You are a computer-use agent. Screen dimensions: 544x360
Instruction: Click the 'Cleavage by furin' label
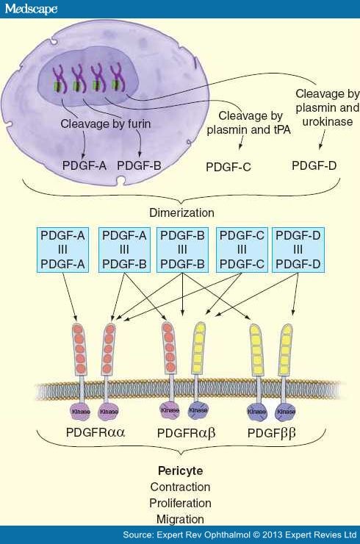pyautogui.click(x=106, y=124)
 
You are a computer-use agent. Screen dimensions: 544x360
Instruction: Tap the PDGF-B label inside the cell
pyautogui.click(x=139, y=165)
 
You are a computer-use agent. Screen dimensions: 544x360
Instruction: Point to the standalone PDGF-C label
pyautogui.click(x=228, y=167)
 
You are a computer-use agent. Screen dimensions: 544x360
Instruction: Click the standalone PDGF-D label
pyautogui.click(x=314, y=165)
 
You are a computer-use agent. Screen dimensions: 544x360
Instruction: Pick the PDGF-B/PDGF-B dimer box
pyautogui.click(x=182, y=248)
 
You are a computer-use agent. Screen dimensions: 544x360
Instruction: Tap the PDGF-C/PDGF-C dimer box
pyautogui.click(x=241, y=248)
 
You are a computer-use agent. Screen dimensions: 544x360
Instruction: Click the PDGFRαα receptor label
pyautogui.click(x=96, y=432)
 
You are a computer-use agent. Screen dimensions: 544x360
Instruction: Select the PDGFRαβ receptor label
pyautogui.click(x=185, y=433)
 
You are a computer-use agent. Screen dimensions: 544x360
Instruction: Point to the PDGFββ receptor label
pyautogui.click(x=271, y=433)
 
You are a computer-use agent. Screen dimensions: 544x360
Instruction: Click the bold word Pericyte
pyautogui.click(x=180, y=470)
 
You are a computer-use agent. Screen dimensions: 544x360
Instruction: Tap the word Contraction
pyautogui.click(x=180, y=487)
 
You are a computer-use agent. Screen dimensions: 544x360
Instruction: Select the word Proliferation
pyautogui.click(x=180, y=503)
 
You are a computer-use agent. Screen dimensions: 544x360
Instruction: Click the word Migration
pyautogui.click(x=180, y=519)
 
